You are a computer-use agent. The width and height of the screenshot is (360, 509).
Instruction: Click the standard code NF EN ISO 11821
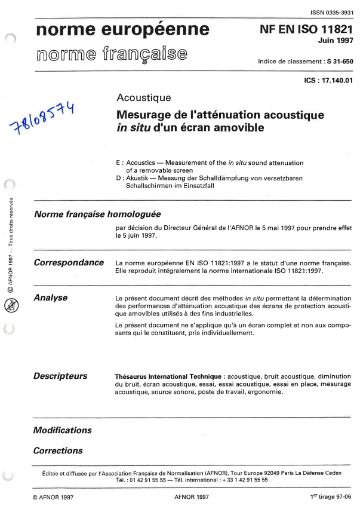coord(306,29)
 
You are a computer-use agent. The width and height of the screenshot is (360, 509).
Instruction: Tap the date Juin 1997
coord(336,41)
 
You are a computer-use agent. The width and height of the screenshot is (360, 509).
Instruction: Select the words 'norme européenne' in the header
coord(122,30)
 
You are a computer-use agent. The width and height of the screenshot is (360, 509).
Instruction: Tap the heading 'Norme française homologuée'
coord(97,214)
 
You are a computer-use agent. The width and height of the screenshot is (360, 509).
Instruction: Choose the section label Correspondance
coord(69,263)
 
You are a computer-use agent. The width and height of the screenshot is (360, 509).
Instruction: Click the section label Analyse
coord(50,298)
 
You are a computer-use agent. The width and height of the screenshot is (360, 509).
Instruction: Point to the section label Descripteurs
coord(60,376)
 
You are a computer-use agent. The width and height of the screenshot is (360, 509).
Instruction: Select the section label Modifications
coord(63,430)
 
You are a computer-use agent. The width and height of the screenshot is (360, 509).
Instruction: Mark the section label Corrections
coord(58,451)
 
